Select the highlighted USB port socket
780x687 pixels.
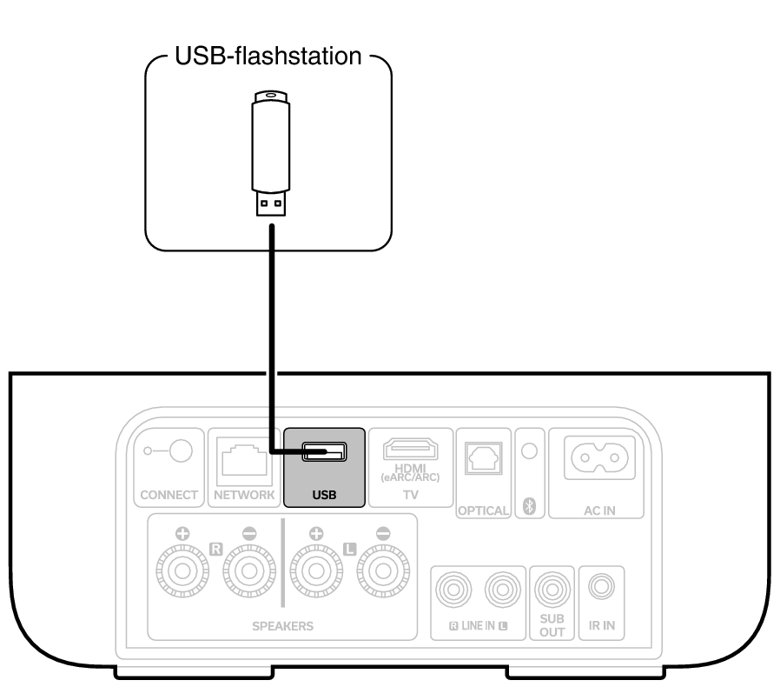(323, 452)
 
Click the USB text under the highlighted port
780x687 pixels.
(323, 497)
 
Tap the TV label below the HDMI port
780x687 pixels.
(411, 493)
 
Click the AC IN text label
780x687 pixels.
(598, 510)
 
